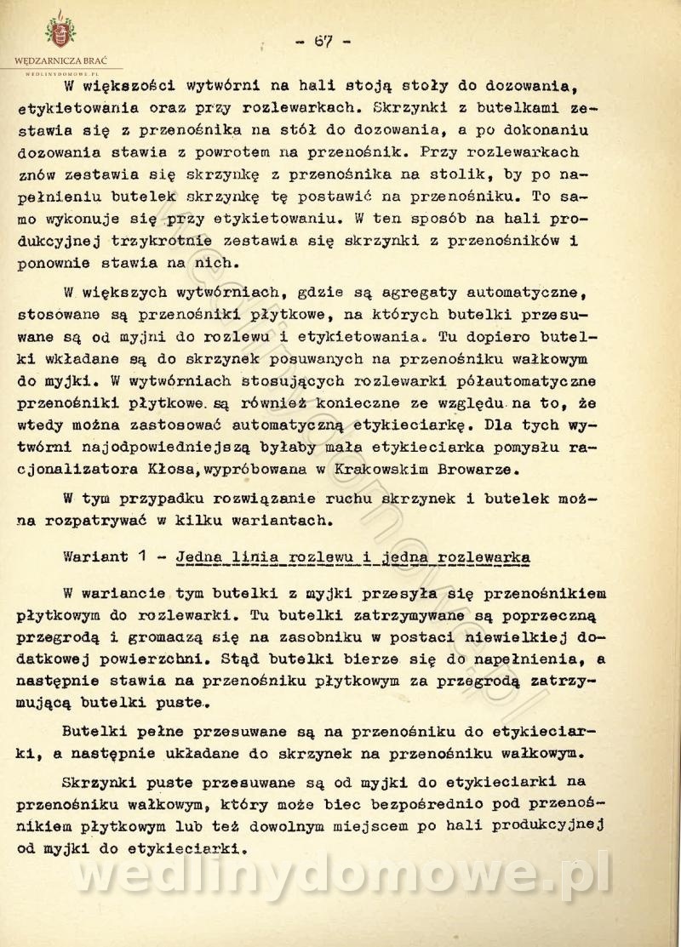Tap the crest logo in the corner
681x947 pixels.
tap(60, 32)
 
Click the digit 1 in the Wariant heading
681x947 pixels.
tap(146, 557)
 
